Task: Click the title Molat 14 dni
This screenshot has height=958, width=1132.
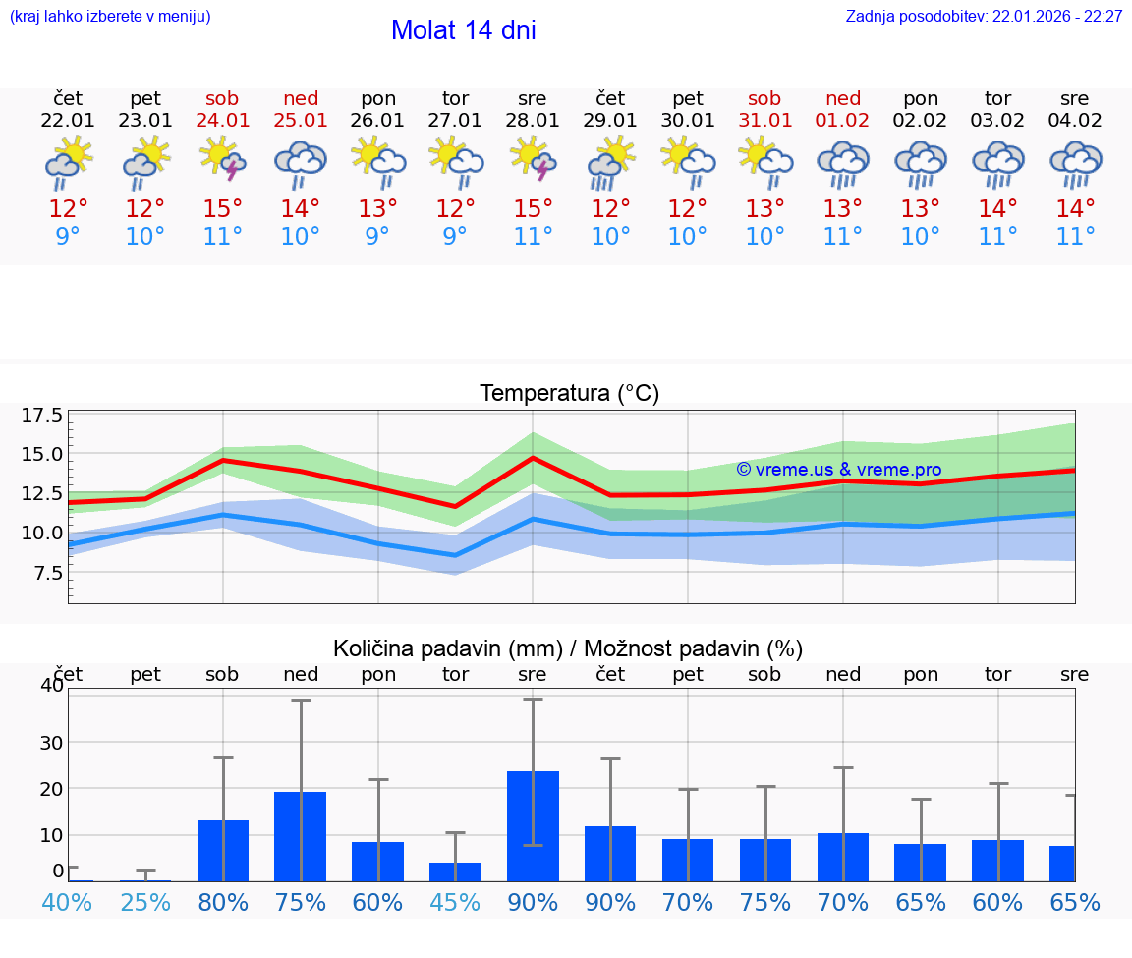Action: pos(463,30)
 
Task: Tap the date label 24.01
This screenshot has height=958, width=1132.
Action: pos(223,121)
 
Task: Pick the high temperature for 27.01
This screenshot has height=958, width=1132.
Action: pos(455,209)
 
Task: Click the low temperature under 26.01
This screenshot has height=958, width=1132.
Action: pos(377,237)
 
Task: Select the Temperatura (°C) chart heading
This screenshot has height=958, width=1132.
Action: pos(569,394)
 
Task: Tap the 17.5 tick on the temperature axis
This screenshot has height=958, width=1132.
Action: pos(42,415)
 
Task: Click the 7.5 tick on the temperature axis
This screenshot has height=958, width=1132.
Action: pos(47,573)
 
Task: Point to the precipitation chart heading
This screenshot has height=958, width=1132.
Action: pos(567,648)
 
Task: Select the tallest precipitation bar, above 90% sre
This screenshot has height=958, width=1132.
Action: pos(533,825)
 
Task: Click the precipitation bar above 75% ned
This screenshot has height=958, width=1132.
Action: pos(301,836)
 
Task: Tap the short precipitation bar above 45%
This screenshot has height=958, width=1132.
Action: pos(455,872)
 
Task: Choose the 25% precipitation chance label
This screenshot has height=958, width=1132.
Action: pos(145,903)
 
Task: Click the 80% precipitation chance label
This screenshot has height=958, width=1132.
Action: pos(223,903)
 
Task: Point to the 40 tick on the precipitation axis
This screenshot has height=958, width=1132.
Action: pos(51,686)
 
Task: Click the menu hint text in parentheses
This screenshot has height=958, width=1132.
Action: pos(110,17)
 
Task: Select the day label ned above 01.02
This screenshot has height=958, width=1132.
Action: pos(842,98)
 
